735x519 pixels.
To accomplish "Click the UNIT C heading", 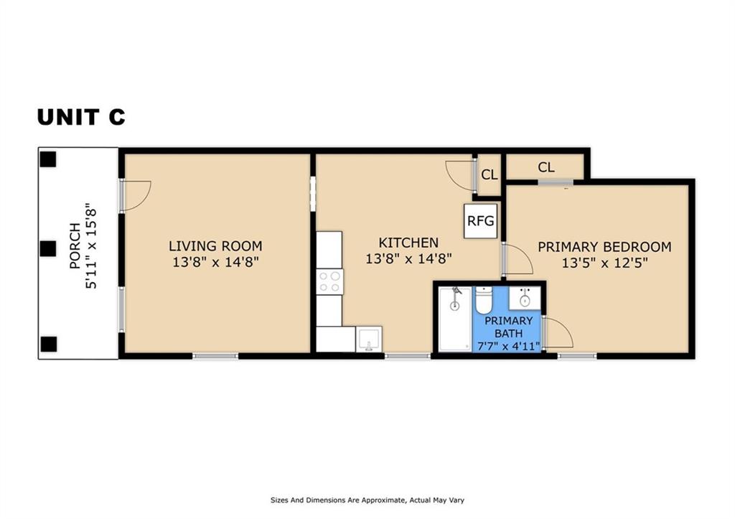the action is [81, 117].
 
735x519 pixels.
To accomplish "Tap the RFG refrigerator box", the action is [480, 221].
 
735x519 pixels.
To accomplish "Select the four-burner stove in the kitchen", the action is [329, 282].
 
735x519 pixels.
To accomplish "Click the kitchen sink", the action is [369, 339].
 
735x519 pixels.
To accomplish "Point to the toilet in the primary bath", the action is [483, 300].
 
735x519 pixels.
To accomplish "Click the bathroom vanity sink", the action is [525, 298].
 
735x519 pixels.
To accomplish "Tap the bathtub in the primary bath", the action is [454, 319].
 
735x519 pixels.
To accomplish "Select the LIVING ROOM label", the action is [215, 246].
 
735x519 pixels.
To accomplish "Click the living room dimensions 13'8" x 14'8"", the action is [215, 261].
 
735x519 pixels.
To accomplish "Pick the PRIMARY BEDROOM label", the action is [604, 247].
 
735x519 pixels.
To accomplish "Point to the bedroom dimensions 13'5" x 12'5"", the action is [604, 263].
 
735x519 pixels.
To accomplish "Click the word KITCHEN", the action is [408, 243].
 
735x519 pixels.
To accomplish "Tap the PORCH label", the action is [75, 246].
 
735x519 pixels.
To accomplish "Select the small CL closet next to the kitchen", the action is [489, 175].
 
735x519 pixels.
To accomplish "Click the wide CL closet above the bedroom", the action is [546, 167].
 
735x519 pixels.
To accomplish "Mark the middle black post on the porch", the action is [48, 248].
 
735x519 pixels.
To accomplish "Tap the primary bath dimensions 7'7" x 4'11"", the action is [509, 347].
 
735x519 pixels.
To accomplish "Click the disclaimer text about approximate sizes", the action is [367, 500].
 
